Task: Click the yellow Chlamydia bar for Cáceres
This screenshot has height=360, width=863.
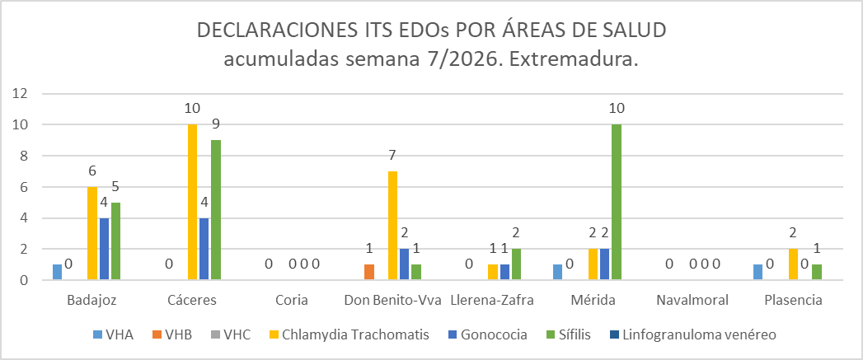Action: tap(192, 202)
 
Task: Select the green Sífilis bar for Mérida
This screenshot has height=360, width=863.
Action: tap(616, 202)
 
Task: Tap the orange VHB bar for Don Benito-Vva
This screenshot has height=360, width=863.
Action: tap(369, 272)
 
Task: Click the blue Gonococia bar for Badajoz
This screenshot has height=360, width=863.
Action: tap(104, 249)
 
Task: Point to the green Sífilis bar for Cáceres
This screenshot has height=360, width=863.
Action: tap(216, 210)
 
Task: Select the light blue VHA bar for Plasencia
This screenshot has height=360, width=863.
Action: tap(757, 272)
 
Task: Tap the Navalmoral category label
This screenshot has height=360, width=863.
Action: tap(692, 300)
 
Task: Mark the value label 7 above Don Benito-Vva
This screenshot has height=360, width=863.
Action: tap(393, 156)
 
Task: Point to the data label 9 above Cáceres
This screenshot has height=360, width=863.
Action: tap(216, 124)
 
